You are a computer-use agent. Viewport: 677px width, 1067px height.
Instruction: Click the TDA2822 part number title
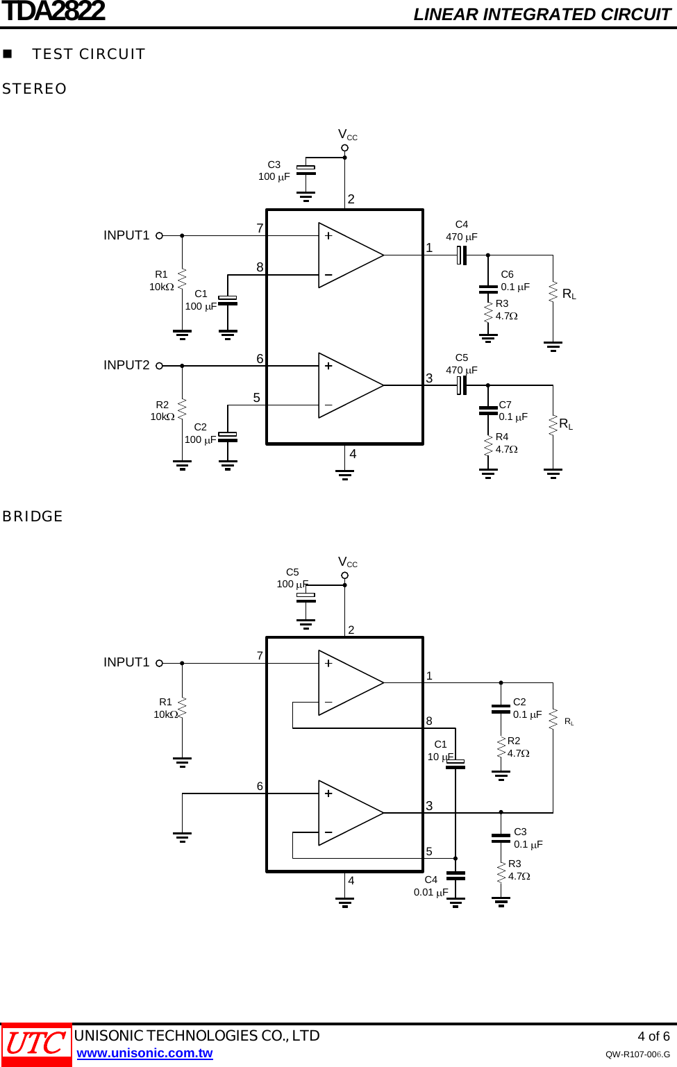coord(53,12)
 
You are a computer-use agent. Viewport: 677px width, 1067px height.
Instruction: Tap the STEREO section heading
coord(35,89)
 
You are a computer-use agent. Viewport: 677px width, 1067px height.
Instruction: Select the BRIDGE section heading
coord(33,516)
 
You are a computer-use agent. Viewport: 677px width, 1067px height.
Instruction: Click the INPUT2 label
coord(126,365)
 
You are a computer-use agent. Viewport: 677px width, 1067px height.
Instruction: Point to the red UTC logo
coord(36,1044)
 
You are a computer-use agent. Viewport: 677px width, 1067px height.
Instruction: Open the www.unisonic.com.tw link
coord(144,1053)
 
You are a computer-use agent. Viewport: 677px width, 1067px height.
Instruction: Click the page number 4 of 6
coord(653,1036)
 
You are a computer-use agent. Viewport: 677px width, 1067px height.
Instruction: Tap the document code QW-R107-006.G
coord(637,1055)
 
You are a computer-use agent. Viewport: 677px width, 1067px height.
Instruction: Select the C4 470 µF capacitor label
coord(462,230)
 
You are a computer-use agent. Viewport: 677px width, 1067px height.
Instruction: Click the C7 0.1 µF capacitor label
coord(513,411)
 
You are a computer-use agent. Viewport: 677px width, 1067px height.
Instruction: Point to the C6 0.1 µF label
coord(515,280)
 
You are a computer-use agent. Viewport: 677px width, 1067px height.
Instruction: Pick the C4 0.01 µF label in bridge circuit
coord(431,886)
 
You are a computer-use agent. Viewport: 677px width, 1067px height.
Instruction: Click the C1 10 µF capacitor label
coord(440,750)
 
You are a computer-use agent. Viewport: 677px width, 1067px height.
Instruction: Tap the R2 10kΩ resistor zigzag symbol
coord(182,410)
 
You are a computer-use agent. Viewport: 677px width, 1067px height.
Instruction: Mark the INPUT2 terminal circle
coord(159,366)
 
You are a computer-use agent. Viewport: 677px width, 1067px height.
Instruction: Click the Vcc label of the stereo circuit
coord(347,135)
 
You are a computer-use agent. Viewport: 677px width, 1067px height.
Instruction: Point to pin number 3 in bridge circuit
coord(429,806)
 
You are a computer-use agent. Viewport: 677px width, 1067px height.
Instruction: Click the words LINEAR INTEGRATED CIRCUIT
coord(542,15)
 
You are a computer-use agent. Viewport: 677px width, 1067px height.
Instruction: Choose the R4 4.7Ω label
coord(506,443)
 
